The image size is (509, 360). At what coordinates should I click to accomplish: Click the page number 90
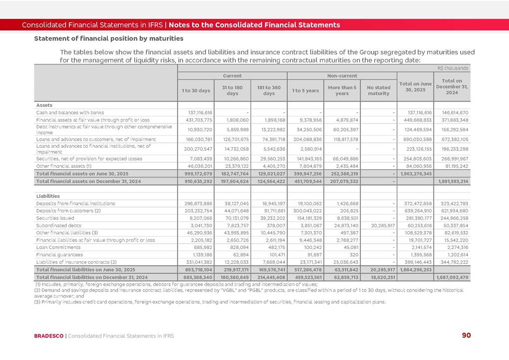pyautogui.click(x=466, y=335)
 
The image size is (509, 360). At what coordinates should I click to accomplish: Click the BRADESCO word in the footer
pyautogui.click(x=49, y=336)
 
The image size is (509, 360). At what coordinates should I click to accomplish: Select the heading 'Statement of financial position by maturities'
pyautogui.click(x=108, y=38)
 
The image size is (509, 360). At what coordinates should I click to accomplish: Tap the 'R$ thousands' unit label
pyautogui.click(x=453, y=68)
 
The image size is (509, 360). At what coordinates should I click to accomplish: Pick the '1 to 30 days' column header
pyautogui.click(x=196, y=90)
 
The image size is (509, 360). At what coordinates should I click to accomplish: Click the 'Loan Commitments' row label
pyautogui.click(x=56, y=247)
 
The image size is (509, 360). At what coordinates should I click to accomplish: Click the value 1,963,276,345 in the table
pyautogui.click(x=415, y=173)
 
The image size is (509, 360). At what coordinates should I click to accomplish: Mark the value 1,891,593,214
pyautogui.click(x=451, y=181)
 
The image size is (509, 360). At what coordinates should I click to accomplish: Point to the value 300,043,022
pyautogui.click(x=305, y=211)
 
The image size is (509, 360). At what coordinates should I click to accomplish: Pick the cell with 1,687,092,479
pyautogui.click(x=451, y=277)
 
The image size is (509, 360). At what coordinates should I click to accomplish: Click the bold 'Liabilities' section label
pyautogui.click(x=48, y=196)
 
